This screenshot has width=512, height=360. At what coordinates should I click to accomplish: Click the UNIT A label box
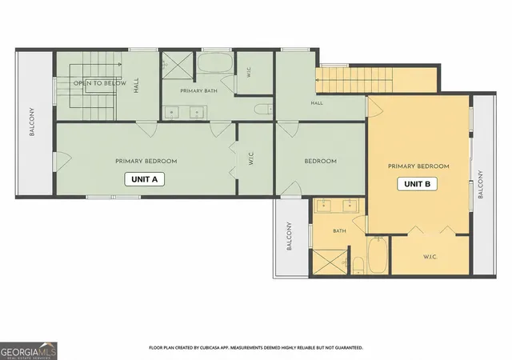[144, 179]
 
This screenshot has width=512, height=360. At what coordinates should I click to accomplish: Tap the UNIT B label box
[417, 184]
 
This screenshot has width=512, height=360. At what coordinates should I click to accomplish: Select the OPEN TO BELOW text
[100, 83]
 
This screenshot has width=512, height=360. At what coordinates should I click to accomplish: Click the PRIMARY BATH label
[198, 91]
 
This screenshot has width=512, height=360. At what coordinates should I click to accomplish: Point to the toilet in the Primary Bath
[263, 109]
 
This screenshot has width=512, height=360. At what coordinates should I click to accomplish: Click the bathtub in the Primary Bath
[215, 62]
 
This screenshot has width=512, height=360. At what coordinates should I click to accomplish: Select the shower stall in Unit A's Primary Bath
[178, 65]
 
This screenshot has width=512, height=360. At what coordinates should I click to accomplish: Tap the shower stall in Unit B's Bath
[330, 262]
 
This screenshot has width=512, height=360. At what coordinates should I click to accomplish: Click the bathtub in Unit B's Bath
[378, 255]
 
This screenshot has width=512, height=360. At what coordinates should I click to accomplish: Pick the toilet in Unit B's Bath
[358, 266]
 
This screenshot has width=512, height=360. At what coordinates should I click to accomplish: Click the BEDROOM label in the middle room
[320, 161]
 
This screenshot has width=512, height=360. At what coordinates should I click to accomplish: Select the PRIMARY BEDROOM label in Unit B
[418, 166]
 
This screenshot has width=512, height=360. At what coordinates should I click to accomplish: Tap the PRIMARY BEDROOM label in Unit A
[146, 161]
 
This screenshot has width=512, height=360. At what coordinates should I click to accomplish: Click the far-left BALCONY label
[32, 122]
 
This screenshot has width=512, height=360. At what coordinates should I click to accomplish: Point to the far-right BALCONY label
[480, 184]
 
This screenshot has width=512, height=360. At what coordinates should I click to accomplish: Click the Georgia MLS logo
[29, 351]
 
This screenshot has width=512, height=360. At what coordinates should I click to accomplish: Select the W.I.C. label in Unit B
[430, 257]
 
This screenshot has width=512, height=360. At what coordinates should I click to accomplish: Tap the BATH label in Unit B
[339, 231]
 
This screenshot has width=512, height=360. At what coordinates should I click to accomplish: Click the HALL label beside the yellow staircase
[317, 103]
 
